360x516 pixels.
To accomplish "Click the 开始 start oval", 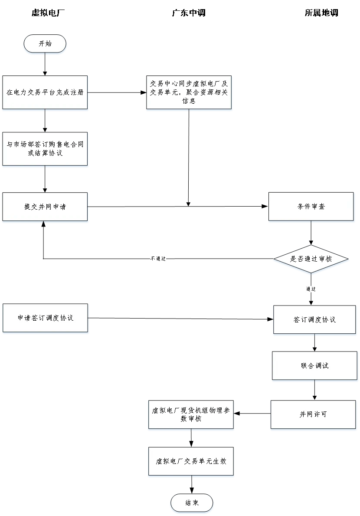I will point(45,43).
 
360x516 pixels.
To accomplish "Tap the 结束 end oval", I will point(192,503).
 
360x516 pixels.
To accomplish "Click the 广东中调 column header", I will point(189,13).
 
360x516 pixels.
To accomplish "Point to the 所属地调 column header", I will point(321,13).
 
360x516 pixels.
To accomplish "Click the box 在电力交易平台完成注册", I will point(45,92).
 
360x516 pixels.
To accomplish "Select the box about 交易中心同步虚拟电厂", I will point(189,92).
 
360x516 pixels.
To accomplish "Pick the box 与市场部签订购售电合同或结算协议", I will point(45,148).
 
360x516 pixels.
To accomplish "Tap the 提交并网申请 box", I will point(45,207).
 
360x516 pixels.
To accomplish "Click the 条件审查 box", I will point(311,207).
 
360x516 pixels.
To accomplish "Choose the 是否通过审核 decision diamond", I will point(311,259).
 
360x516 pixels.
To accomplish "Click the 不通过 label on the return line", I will point(158,259).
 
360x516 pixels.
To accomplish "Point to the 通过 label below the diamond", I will point(311,289).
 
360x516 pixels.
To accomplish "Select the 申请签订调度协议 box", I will point(45,318).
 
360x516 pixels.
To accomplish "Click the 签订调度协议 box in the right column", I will point(314,319).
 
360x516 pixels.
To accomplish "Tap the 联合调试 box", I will point(314,365).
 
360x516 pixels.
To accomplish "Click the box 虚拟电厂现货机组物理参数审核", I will point(191,414).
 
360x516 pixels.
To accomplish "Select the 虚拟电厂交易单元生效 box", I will point(191,461).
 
